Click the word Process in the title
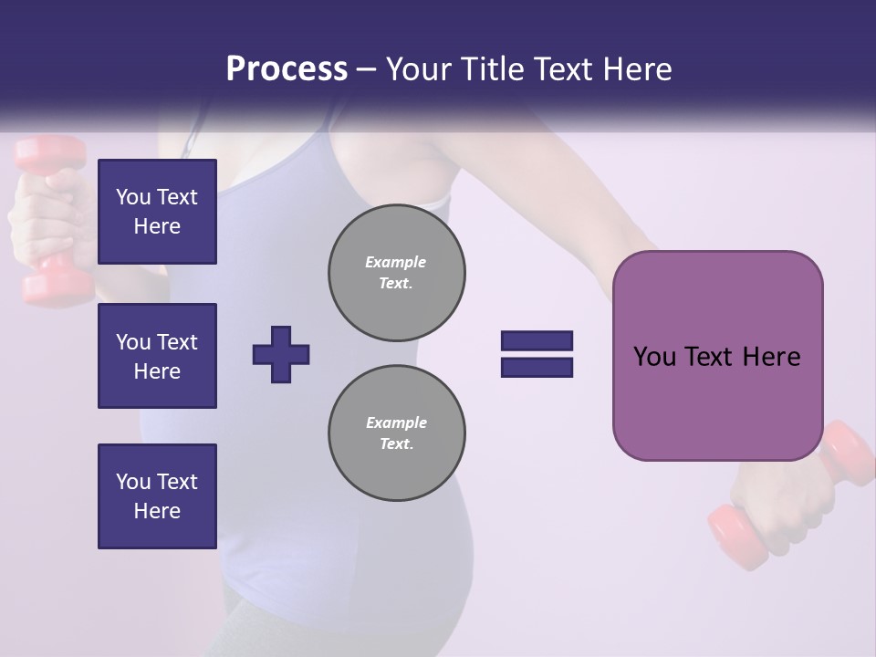pyautogui.click(x=287, y=69)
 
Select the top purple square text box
pyautogui.click(x=157, y=212)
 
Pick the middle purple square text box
pyautogui.click(x=157, y=356)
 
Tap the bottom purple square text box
pyautogui.click(x=157, y=495)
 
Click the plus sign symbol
pyautogui.click(x=281, y=354)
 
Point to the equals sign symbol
pyautogui.click(x=537, y=354)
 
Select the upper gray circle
pyautogui.click(x=397, y=273)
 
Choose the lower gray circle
pyautogui.click(x=397, y=433)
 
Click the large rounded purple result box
pyautogui.click(x=717, y=356)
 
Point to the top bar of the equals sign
pyautogui.click(x=537, y=340)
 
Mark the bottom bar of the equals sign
pyautogui.click(x=537, y=368)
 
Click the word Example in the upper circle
pyautogui.click(x=396, y=262)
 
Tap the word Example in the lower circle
pyautogui.click(x=396, y=422)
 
